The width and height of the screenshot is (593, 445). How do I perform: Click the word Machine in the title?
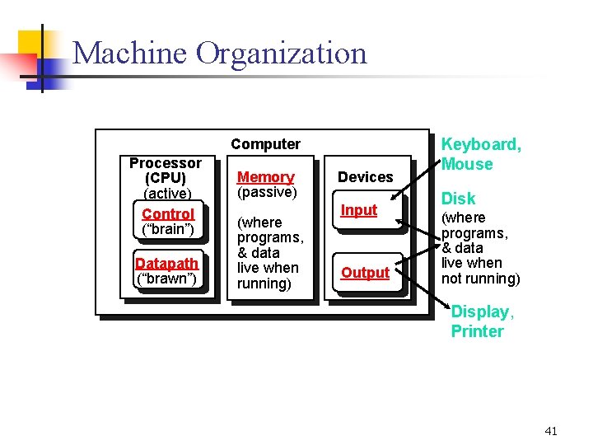tap(130, 54)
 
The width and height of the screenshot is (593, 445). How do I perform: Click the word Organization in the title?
tap(282, 55)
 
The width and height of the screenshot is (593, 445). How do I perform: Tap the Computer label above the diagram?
tap(265, 144)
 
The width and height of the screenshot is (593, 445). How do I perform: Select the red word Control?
tap(167, 214)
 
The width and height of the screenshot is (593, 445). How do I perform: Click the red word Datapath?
tap(166, 264)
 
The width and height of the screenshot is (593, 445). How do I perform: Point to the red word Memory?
tap(265, 177)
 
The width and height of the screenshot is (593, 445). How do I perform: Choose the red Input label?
tap(359, 210)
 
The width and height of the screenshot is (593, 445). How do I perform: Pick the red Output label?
tap(365, 273)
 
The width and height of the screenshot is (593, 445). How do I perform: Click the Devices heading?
tap(366, 177)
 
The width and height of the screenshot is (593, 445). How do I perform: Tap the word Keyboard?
tap(481, 145)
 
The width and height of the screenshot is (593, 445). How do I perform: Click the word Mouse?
tap(467, 164)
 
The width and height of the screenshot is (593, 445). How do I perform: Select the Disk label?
tap(459, 199)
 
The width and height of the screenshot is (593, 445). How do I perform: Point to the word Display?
tap(481, 312)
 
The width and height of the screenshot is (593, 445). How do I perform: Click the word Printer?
tap(477, 331)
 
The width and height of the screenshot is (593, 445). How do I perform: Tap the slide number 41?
tap(551, 431)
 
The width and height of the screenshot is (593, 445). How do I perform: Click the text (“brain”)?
tap(167, 229)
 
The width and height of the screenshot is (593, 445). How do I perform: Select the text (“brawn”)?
tap(166, 279)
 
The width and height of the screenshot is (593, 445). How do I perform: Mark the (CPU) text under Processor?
tap(166, 178)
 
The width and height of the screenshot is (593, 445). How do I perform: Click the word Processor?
tap(166, 163)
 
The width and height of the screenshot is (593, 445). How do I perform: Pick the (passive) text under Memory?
tap(266, 192)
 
